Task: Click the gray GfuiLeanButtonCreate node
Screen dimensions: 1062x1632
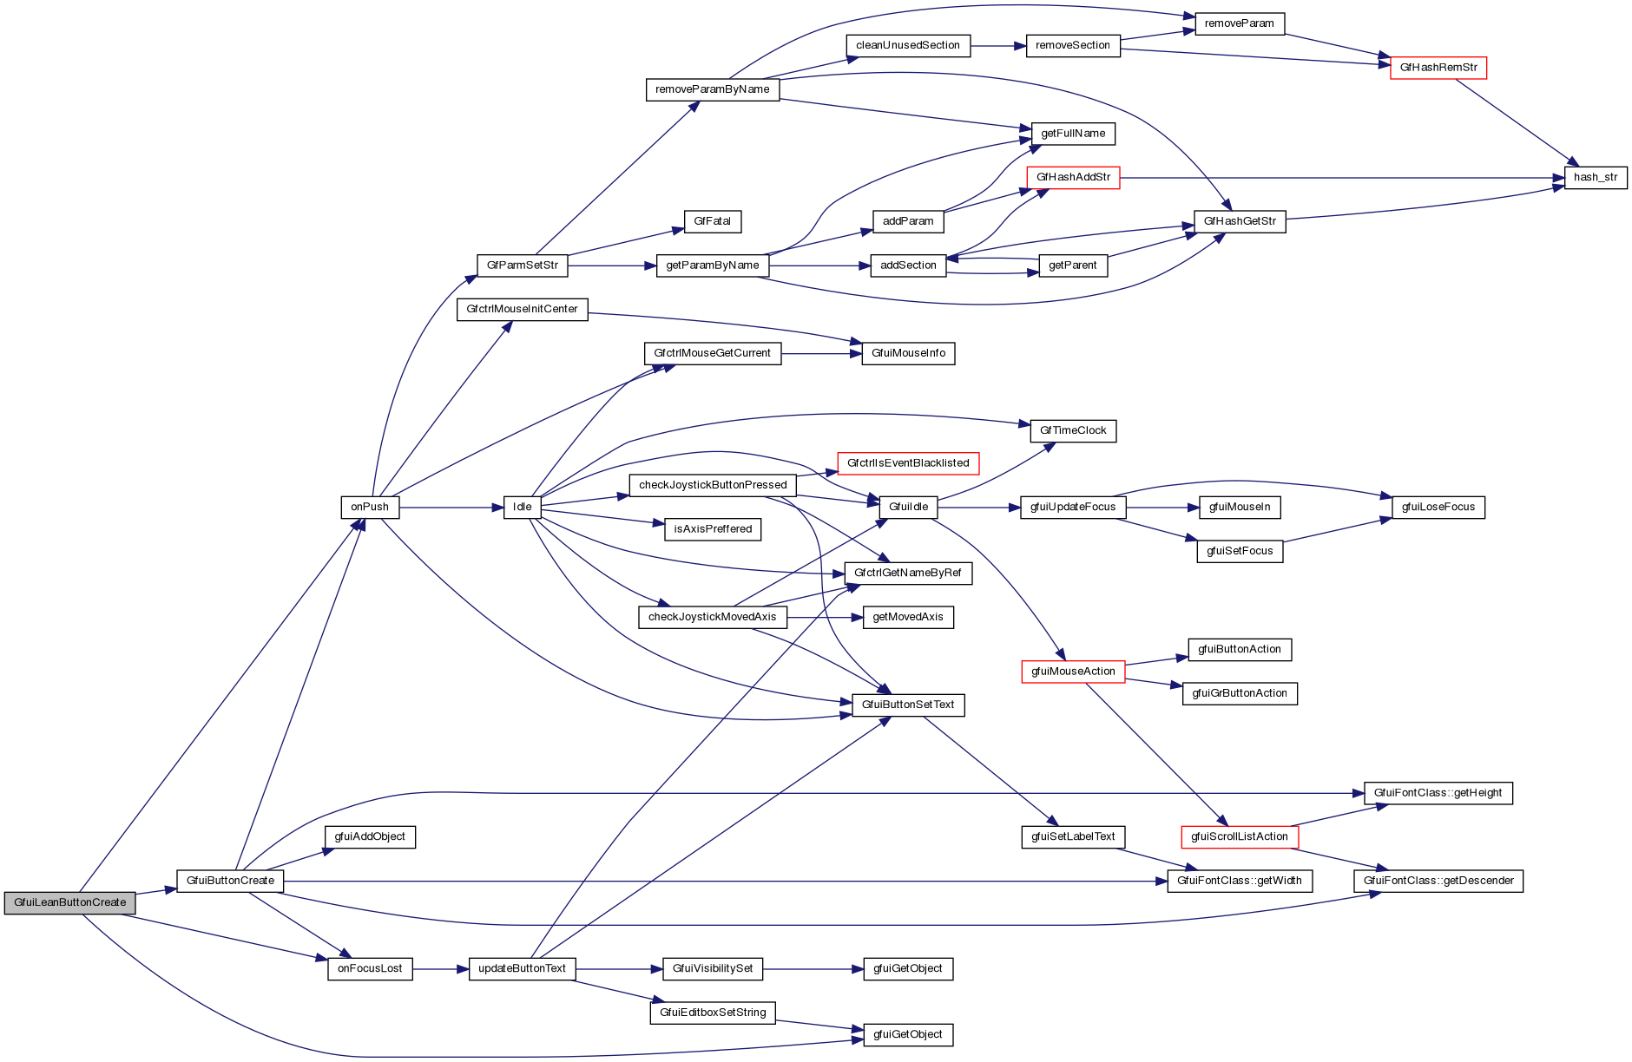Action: (70, 902)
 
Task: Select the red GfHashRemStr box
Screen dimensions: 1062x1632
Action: (1438, 68)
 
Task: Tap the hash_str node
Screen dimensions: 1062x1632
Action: (1596, 178)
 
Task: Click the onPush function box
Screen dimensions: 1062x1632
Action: (370, 508)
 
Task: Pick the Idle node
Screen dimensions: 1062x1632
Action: (523, 508)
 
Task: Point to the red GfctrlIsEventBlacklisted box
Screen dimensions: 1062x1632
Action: (908, 463)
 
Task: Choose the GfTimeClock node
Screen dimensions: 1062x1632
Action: (1073, 431)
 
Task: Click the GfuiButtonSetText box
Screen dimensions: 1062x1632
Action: (908, 705)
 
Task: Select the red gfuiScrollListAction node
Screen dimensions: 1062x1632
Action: (1240, 837)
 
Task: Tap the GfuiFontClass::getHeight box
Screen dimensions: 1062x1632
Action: (1438, 793)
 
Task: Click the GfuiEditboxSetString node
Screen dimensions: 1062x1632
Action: (713, 1013)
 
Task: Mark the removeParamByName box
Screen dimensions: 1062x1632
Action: (713, 89)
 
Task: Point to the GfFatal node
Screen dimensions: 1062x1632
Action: (713, 222)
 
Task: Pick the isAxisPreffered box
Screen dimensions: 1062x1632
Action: (713, 529)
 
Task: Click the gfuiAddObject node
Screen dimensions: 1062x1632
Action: (370, 837)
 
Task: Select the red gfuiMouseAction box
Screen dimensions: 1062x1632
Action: (1073, 672)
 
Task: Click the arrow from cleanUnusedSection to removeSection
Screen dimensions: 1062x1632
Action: (998, 46)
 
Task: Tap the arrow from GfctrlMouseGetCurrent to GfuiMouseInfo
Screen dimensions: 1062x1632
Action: (821, 354)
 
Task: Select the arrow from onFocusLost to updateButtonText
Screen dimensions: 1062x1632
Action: (440, 969)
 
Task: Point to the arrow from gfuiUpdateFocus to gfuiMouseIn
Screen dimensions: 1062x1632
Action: (1162, 508)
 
